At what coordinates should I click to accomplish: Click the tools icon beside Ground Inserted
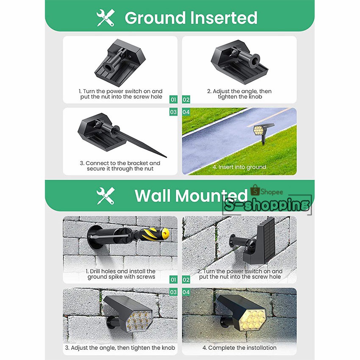coord(105,18)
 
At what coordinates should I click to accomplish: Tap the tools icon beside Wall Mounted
coord(105,196)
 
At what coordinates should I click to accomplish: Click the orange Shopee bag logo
coord(255,190)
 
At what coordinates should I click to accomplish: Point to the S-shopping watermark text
coord(266,205)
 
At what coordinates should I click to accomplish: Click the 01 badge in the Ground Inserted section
coord(173,100)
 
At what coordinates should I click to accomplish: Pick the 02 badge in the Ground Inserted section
coord(186,100)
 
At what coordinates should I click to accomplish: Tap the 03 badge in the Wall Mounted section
coord(173,292)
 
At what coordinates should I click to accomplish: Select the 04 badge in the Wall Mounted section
coord(186,292)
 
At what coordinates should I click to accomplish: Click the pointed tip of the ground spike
coord(166,157)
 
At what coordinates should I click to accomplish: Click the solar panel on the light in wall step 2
coord(266,240)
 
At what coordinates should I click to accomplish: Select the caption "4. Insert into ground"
coord(239,167)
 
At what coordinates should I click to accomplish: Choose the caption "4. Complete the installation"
coord(239,348)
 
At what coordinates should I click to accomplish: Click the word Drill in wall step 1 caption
coord(95,271)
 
